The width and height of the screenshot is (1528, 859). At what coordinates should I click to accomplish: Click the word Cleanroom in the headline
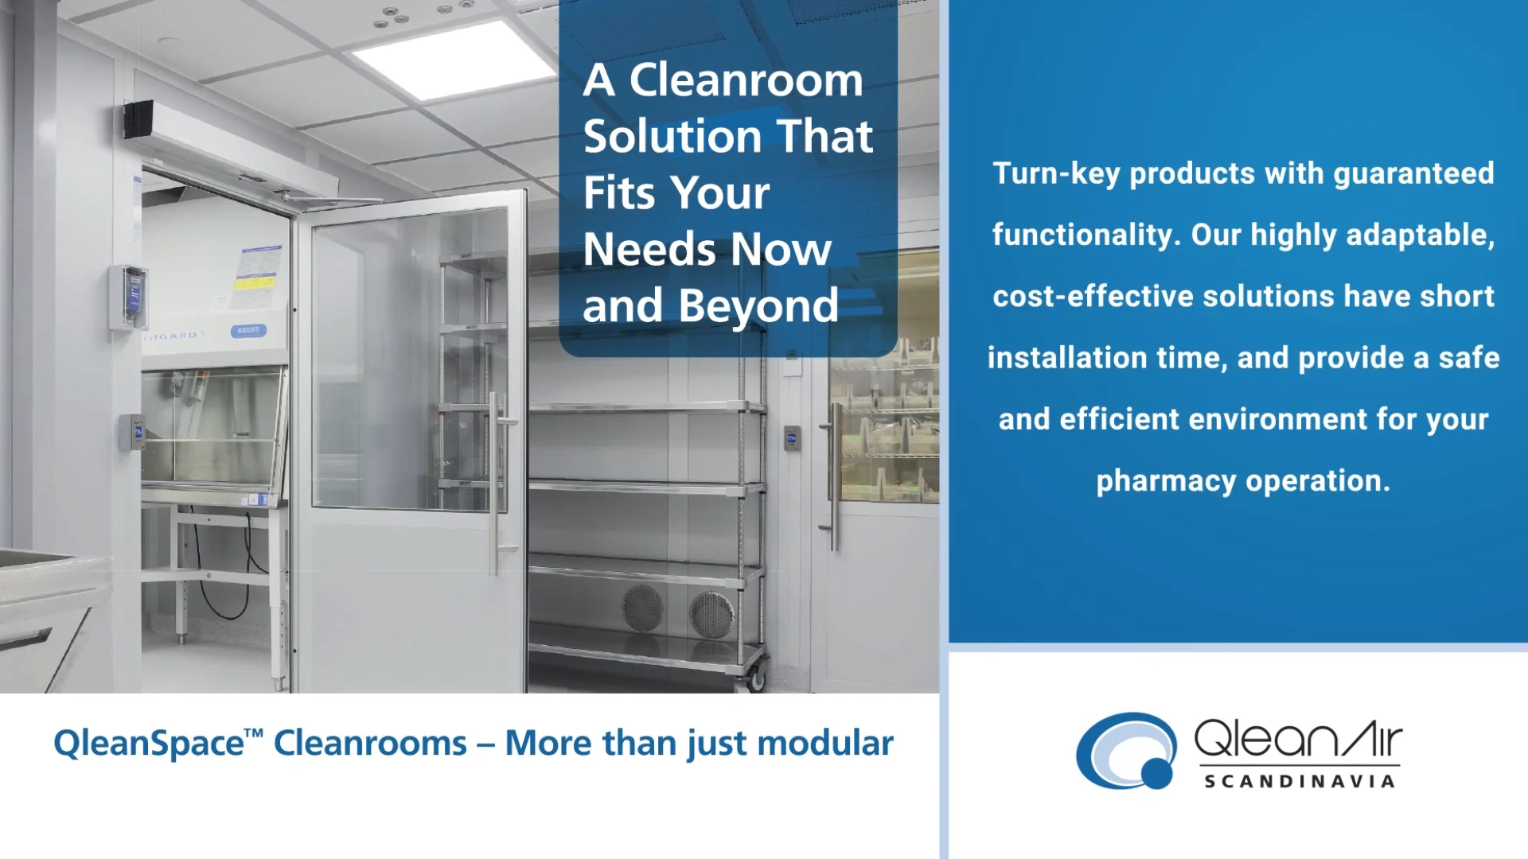(x=746, y=80)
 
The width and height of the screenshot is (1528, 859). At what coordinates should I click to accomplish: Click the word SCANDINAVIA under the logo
(x=1299, y=782)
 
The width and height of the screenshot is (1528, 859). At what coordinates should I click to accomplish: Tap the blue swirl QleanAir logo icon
(x=1126, y=751)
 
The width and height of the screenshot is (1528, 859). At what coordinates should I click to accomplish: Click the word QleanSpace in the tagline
(x=149, y=744)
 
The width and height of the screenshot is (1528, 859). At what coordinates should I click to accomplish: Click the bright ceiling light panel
(x=454, y=60)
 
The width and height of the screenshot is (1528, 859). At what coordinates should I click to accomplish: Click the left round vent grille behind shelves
(x=641, y=608)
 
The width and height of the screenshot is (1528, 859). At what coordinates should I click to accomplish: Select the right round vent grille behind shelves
(x=711, y=614)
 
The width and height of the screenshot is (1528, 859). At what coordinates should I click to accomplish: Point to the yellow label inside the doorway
(x=254, y=282)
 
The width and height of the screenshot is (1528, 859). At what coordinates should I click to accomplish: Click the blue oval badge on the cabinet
(x=248, y=330)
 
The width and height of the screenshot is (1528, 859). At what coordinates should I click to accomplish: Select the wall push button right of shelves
(x=792, y=438)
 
